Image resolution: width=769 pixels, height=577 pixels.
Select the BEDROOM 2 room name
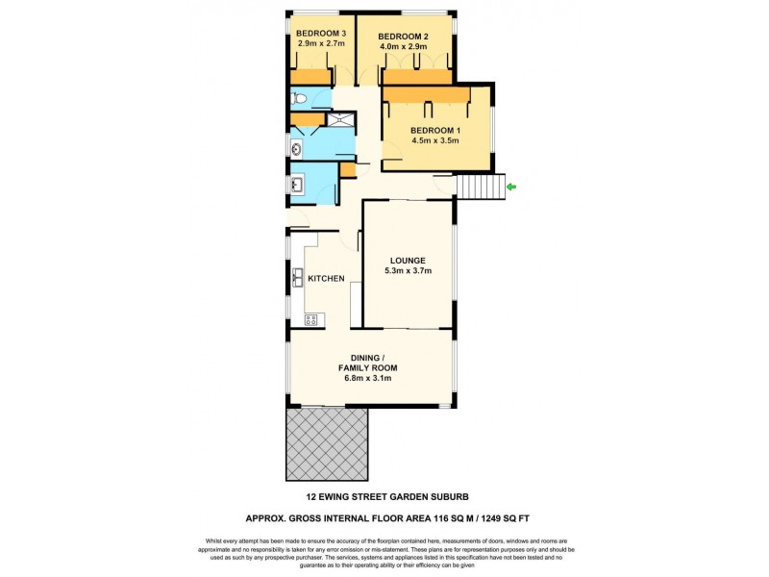point(403,36)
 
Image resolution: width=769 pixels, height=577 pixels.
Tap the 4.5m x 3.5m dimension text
point(436,141)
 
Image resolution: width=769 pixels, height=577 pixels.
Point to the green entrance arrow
point(511,186)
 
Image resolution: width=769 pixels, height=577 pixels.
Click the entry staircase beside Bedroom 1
point(480,187)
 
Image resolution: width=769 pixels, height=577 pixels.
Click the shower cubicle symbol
point(341,120)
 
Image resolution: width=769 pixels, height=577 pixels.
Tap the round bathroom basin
point(296,147)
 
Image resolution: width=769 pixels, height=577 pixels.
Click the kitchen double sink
point(298,279)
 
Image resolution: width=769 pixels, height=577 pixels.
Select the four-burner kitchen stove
point(311,319)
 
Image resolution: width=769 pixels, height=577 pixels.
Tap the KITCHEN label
point(326,279)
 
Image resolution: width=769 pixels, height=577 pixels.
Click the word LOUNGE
point(408,261)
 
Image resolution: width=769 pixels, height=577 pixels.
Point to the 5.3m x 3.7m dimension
point(408,271)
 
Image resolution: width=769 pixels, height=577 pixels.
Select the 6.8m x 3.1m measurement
point(367,378)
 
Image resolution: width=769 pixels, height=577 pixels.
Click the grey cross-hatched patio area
point(327,443)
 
